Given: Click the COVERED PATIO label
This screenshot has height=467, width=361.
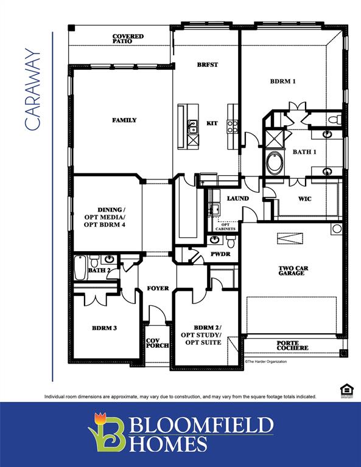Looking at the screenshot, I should pyautogui.click(x=128, y=39).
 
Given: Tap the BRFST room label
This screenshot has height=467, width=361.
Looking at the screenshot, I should pyautogui.click(x=207, y=64).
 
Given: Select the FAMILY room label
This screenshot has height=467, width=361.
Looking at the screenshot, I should pyautogui.click(x=124, y=120).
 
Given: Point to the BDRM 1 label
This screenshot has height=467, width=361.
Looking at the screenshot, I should pyautogui.click(x=283, y=81).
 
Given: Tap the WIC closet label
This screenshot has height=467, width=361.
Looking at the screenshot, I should pyautogui.click(x=305, y=198).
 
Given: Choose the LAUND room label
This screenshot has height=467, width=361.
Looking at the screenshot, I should pyautogui.click(x=238, y=198).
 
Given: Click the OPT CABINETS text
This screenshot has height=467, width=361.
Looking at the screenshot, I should pyautogui.click(x=225, y=227).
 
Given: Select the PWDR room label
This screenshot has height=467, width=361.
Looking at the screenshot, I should pyautogui.click(x=220, y=254).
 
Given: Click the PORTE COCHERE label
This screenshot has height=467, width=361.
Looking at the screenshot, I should pyautogui.click(x=292, y=345).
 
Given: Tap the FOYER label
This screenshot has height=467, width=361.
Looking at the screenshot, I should pyautogui.click(x=158, y=288).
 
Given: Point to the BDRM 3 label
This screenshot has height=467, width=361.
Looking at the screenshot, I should pyautogui.click(x=104, y=328).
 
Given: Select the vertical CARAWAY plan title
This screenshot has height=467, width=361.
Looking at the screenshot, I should pyautogui.click(x=33, y=89).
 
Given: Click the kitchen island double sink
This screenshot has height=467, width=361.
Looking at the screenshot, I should pyautogui.click(x=192, y=126).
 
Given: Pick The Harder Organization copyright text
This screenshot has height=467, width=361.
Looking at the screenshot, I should pyautogui.click(x=265, y=361).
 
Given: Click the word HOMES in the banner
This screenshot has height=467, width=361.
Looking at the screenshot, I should pyautogui.click(x=167, y=444).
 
